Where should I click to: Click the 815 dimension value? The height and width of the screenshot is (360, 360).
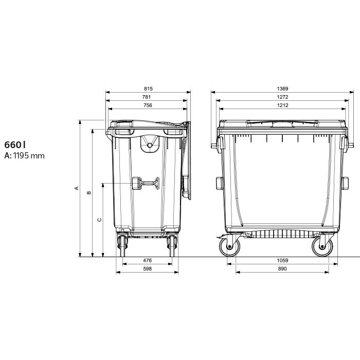click(x=148, y=88)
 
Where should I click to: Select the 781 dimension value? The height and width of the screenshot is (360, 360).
click(x=148, y=97)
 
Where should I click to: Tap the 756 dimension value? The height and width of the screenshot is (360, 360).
click(x=148, y=105)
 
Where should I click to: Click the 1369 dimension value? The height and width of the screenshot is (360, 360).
click(x=282, y=88)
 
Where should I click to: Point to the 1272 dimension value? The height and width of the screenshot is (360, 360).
click(x=282, y=97)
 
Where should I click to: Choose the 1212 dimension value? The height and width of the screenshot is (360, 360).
click(x=282, y=105)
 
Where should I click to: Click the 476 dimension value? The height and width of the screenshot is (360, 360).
click(x=147, y=260)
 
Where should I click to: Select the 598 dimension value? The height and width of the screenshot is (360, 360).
click(x=147, y=268)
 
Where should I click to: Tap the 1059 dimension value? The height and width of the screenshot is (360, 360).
click(x=282, y=260)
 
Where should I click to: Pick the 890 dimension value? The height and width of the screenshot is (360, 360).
click(x=282, y=268)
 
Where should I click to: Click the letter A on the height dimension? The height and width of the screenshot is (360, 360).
click(x=77, y=188)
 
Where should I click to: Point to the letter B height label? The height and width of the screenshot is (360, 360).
click(x=88, y=193)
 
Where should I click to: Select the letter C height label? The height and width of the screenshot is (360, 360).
click(x=99, y=220)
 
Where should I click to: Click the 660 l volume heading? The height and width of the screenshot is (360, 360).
click(x=15, y=145)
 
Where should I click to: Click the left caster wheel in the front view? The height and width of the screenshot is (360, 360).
click(x=229, y=247)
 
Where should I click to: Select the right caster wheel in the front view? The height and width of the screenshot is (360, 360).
click(x=322, y=247)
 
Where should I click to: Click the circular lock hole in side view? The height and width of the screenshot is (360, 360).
click(x=150, y=146)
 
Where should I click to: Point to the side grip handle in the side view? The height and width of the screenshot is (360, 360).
click(x=146, y=183)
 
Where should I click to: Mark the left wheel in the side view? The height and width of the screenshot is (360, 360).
click(x=123, y=245)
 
